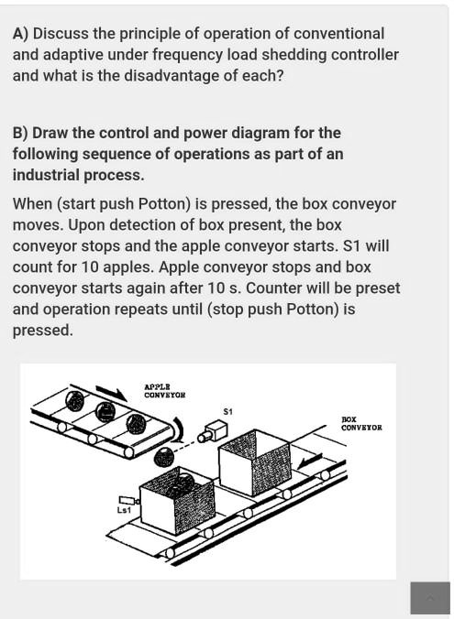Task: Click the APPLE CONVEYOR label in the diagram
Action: pyautogui.click(x=164, y=391)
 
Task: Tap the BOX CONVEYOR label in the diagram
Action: pyautogui.click(x=361, y=424)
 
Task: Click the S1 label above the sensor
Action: pyautogui.click(x=228, y=412)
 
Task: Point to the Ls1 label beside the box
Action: pyautogui.click(x=124, y=510)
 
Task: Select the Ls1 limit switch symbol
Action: pyautogui.click(x=129, y=500)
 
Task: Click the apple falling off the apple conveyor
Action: pyautogui.click(x=163, y=456)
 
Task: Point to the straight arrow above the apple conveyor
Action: pyautogui.click(x=111, y=392)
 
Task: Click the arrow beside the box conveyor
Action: pyautogui.click(x=310, y=458)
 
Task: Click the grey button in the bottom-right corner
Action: pyautogui.click(x=430, y=598)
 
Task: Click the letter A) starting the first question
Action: pyautogui.click(x=20, y=34)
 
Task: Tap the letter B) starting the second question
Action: pyautogui.click(x=20, y=134)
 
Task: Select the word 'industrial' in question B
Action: pyautogui.click(x=47, y=175)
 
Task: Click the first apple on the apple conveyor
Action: pyautogui.click(x=74, y=400)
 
